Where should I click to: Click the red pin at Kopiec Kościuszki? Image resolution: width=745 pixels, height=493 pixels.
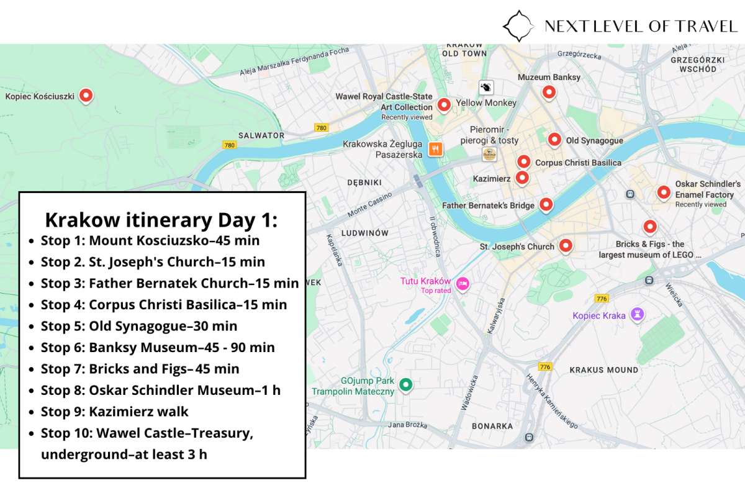click(x=87, y=95)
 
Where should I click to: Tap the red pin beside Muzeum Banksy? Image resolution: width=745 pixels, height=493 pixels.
click(x=549, y=92)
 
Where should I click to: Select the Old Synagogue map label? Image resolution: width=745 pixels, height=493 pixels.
click(x=594, y=141)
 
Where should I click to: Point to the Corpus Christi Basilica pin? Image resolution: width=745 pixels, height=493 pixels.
click(x=524, y=161)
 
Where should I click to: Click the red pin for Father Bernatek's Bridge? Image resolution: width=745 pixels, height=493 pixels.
click(x=546, y=204)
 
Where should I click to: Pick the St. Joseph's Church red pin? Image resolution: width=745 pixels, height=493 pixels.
click(x=565, y=246)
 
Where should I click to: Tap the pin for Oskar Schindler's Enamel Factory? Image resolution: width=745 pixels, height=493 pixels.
click(x=664, y=192)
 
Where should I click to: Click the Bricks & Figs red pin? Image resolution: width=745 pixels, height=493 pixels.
click(x=649, y=226)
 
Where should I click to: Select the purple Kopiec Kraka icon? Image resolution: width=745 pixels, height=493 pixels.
click(x=636, y=315)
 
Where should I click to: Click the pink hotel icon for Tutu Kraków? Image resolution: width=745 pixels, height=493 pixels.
click(x=463, y=284)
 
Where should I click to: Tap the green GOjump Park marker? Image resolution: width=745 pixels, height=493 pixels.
click(x=405, y=385)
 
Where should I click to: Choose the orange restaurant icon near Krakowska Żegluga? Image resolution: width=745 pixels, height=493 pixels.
click(x=436, y=148)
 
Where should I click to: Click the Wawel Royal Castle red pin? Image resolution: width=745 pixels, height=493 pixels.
click(x=443, y=104)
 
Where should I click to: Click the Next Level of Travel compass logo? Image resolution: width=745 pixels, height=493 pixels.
click(x=518, y=25)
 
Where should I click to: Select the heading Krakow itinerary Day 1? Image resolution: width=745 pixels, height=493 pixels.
click(x=161, y=220)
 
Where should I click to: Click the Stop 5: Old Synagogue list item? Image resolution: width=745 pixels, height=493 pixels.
click(x=139, y=326)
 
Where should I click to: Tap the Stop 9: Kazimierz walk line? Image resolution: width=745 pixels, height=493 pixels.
click(x=115, y=412)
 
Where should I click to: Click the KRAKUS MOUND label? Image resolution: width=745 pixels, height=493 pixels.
click(x=603, y=370)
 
